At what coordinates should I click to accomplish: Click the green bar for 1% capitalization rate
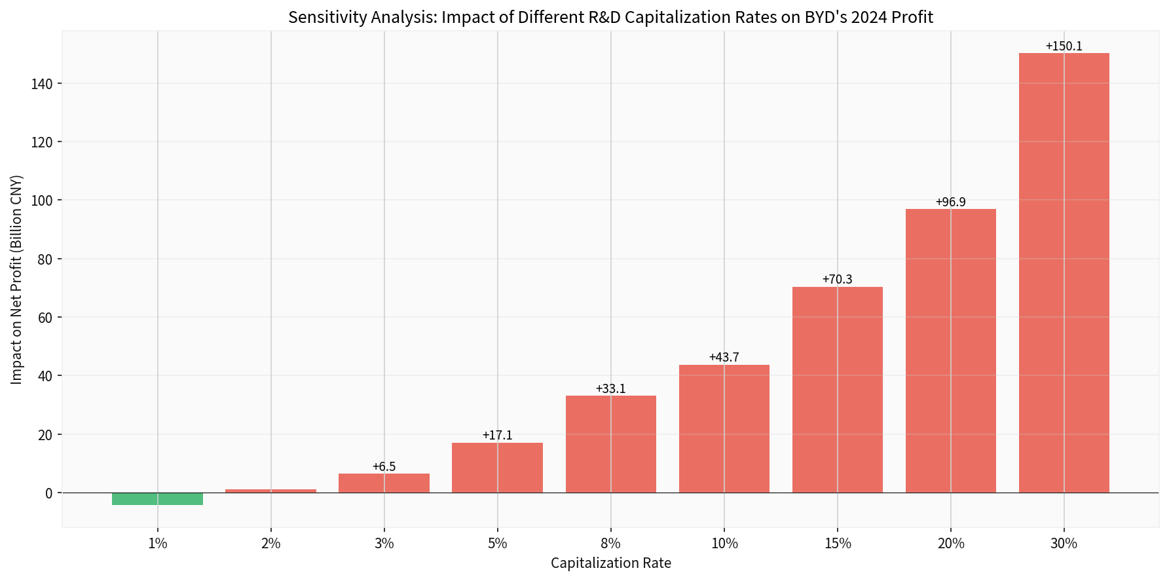click(157, 499)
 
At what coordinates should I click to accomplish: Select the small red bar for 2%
click(270, 491)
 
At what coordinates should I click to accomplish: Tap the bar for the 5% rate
click(497, 468)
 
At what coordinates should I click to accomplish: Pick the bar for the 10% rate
click(724, 428)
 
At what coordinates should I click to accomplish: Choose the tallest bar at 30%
click(1064, 272)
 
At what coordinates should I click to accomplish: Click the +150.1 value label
click(1064, 47)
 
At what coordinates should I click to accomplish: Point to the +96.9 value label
click(950, 202)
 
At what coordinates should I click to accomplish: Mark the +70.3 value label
click(837, 280)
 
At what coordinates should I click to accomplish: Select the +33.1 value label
click(610, 389)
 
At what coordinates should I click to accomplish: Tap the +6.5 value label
click(384, 467)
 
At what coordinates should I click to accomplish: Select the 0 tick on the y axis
click(49, 493)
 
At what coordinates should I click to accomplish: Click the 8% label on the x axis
click(610, 543)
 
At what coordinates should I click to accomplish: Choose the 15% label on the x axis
click(837, 543)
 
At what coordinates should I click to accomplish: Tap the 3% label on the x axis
click(384, 543)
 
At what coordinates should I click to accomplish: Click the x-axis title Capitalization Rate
click(610, 563)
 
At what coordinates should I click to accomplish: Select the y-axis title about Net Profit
click(17, 280)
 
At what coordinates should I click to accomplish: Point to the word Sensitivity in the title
click(322, 18)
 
